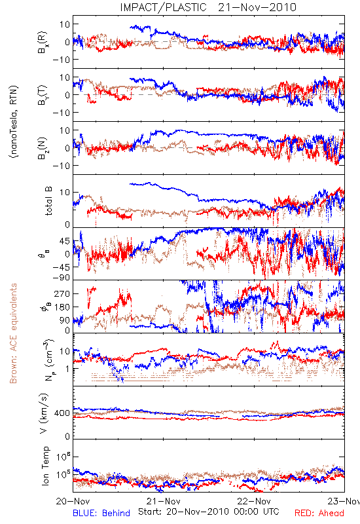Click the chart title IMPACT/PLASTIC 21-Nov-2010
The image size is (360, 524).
(x=208, y=7)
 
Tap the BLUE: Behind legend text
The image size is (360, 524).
(x=101, y=514)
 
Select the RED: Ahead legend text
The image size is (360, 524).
(x=319, y=514)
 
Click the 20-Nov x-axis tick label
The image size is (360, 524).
(x=73, y=501)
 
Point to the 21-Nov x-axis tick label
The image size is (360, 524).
(x=164, y=501)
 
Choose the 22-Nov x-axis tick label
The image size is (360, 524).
(x=254, y=501)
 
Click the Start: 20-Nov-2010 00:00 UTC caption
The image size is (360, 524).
(x=209, y=512)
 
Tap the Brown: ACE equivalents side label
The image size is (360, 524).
(x=13, y=333)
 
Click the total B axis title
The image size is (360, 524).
(x=48, y=200)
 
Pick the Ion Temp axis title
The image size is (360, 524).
(x=45, y=466)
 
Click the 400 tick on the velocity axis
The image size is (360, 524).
(x=62, y=413)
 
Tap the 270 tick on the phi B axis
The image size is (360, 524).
(x=62, y=293)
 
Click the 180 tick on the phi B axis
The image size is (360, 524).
(x=62, y=307)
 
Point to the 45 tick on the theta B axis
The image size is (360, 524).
(x=65, y=241)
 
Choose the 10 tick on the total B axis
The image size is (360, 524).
(x=65, y=193)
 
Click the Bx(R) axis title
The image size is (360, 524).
(x=43, y=42)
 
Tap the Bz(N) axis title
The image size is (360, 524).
(x=43, y=148)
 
